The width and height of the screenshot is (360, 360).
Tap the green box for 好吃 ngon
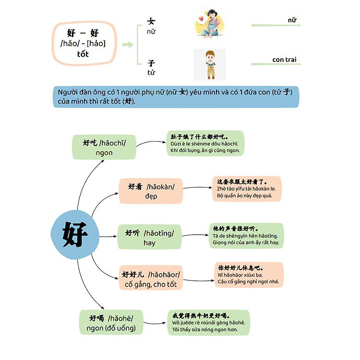[104, 147]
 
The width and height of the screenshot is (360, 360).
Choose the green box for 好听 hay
[149, 237]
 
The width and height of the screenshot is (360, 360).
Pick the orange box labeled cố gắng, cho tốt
[151, 279]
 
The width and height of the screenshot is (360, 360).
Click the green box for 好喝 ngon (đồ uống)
[110, 323]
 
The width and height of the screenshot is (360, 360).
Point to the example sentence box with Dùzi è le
[205, 144]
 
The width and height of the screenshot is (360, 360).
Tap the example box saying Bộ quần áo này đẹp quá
[247, 189]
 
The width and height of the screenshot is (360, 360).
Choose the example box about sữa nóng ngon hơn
[208, 323]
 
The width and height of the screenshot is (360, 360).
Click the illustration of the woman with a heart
[210, 24]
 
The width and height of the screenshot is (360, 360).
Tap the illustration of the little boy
[209, 64]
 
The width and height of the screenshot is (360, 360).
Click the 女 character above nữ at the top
[151, 22]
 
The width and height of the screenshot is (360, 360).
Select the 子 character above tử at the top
[152, 63]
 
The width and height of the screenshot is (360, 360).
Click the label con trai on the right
[284, 60]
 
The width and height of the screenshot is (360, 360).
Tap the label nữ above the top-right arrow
[292, 20]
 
